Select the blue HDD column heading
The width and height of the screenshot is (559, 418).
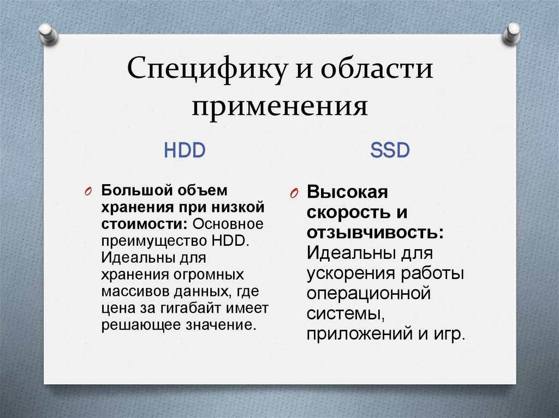tap(185, 150)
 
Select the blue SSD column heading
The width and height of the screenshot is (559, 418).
tap(390, 150)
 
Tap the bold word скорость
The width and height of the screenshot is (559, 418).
tap(349, 213)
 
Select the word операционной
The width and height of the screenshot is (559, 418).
tap(368, 293)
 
